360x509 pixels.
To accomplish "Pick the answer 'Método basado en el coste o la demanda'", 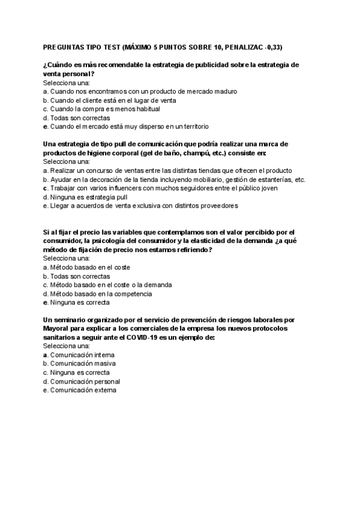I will [111, 285].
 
